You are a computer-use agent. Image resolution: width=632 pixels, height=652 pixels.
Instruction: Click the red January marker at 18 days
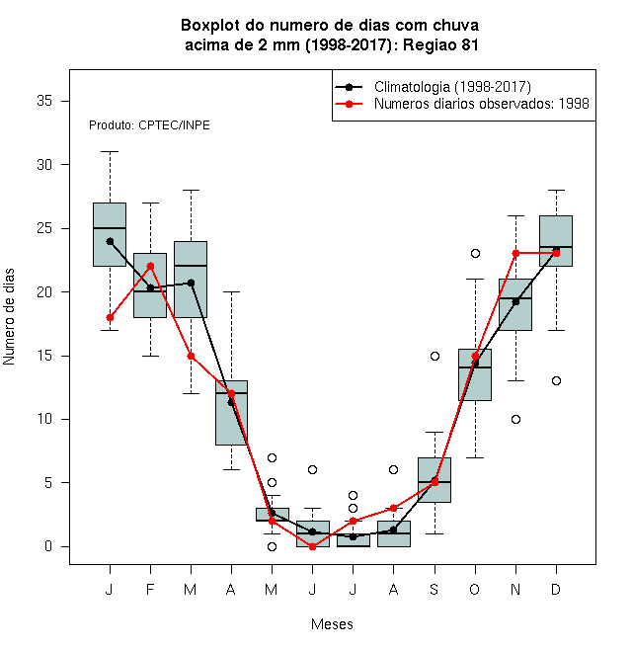pos(110,318)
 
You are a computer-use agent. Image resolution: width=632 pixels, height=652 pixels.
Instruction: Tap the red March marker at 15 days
pos(191,356)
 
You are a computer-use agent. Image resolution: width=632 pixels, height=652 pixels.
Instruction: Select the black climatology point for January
pos(110,241)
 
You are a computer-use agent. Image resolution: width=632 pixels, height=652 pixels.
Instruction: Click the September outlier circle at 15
pos(434,356)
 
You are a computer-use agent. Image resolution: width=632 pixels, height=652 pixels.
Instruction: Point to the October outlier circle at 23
pos(475,253)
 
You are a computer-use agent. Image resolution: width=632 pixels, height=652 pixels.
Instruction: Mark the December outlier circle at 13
pos(556,381)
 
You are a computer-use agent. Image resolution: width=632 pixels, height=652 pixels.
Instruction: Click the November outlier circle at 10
pos(515,419)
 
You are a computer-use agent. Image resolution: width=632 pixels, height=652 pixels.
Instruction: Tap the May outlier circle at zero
pos(272,547)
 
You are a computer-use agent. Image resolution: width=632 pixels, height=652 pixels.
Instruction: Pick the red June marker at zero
pos(312,547)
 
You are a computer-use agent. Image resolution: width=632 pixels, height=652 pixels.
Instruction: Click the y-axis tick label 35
pos(44,101)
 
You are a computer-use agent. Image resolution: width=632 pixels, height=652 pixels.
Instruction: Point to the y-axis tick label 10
pos(44,419)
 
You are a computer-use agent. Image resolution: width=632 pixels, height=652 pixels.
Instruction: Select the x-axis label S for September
pos(434,589)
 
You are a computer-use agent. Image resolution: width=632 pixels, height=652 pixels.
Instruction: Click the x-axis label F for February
pos(150,589)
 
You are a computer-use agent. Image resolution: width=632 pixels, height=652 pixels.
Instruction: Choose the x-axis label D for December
pos(556,589)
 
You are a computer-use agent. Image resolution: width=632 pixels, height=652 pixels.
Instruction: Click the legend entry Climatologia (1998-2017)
pos(452,87)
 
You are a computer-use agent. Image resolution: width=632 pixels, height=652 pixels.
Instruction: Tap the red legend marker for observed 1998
pos(349,104)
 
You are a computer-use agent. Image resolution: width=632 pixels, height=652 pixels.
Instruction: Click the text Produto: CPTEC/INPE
pos(149,125)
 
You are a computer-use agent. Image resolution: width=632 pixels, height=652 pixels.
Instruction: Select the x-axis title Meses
pos(332,624)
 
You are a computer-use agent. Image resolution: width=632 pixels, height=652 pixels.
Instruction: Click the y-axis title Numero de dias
pos(9,317)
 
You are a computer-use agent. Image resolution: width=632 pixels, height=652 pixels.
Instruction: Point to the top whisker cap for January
pos(110,152)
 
